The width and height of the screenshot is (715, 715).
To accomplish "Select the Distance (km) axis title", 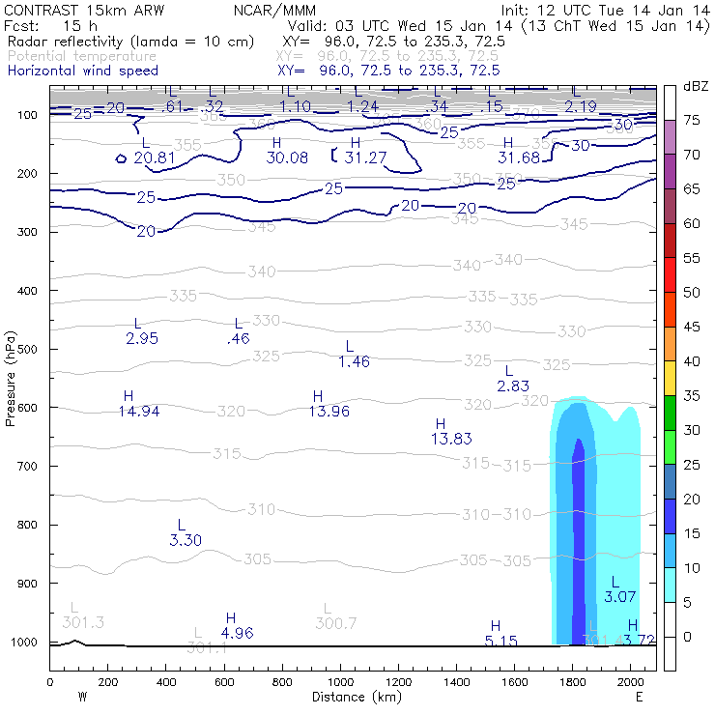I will [x=353, y=697].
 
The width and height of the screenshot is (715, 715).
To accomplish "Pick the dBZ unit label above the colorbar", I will [x=695, y=87].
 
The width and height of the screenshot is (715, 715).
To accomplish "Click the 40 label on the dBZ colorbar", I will [x=692, y=361].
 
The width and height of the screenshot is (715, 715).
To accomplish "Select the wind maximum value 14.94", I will [x=139, y=412].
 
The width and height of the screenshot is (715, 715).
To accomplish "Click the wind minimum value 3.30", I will [x=185, y=540].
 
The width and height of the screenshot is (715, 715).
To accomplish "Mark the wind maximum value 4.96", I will [x=237, y=633].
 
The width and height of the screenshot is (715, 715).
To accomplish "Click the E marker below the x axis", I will [x=639, y=696].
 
